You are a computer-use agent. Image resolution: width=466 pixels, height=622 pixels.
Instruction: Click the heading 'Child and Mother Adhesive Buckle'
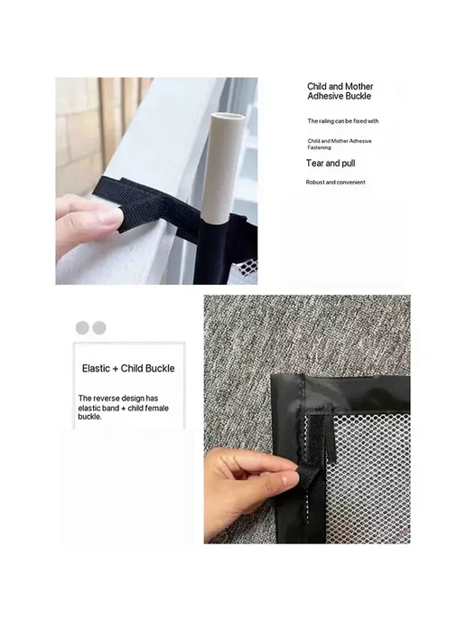pyautogui.click(x=340, y=91)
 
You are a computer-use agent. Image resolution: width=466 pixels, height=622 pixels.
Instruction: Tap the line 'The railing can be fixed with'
pyautogui.click(x=343, y=121)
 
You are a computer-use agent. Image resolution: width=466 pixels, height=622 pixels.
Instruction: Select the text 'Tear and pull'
pyautogui.click(x=331, y=164)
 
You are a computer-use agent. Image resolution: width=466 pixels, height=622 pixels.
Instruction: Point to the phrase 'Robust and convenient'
pyautogui.click(x=335, y=183)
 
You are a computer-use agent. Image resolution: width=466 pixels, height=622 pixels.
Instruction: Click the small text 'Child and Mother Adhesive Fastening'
pyautogui.click(x=340, y=144)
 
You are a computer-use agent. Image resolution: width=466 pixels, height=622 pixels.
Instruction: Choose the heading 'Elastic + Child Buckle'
pyautogui.click(x=128, y=369)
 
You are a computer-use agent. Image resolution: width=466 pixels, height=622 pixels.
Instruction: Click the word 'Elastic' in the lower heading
pyautogui.click(x=96, y=369)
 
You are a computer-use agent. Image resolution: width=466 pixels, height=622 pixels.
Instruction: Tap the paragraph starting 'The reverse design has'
pyautogui.click(x=123, y=408)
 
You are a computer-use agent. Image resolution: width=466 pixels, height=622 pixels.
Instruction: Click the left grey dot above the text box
pyautogui.click(x=82, y=328)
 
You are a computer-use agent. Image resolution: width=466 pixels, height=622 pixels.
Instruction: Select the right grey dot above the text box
pyautogui.click(x=99, y=328)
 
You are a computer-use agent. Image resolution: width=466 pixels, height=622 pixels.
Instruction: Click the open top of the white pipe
pyautogui.click(x=227, y=117)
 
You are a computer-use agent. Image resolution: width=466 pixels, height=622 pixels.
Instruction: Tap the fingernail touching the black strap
pyautogui.click(x=110, y=216)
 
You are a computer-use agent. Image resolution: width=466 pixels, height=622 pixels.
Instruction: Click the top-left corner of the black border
pyautogui.click(x=272, y=375)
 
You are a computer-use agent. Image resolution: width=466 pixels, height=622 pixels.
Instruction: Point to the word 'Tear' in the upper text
pyautogui.click(x=314, y=163)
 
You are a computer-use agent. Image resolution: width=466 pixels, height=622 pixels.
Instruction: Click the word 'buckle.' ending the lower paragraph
pyautogui.click(x=89, y=417)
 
